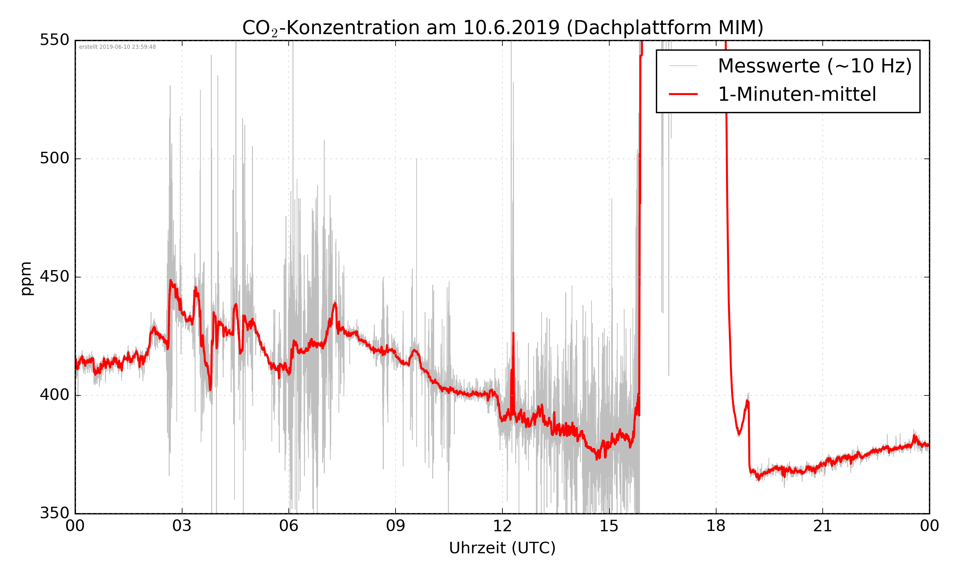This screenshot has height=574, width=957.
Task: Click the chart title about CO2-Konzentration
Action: [502, 28]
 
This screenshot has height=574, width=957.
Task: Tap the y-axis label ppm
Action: [26, 278]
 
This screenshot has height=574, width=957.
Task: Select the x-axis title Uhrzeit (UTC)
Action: [502, 548]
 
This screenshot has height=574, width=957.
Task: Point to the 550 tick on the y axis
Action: [55, 40]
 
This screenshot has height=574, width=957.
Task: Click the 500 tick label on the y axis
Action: [55, 158]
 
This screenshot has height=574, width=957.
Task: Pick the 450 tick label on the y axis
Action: [55, 276]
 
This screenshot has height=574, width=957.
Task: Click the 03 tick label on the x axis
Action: [182, 526]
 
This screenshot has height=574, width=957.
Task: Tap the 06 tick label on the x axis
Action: [289, 526]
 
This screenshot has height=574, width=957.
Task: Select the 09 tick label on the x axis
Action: [395, 526]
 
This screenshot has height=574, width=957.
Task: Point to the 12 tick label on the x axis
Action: [502, 526]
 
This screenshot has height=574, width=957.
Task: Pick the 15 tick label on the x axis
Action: [609, 526]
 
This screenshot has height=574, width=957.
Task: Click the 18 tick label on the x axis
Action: [716, 526]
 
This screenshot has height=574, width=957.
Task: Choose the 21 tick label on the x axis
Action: [822, 526]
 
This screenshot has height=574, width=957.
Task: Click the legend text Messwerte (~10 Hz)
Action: [815, 66]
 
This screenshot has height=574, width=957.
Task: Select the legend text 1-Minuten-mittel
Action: [797, 94]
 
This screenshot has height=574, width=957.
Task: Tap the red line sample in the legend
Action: [683, 94]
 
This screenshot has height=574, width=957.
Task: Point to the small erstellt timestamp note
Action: [117, 47]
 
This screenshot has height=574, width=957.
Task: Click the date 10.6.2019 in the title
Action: [511, 28]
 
